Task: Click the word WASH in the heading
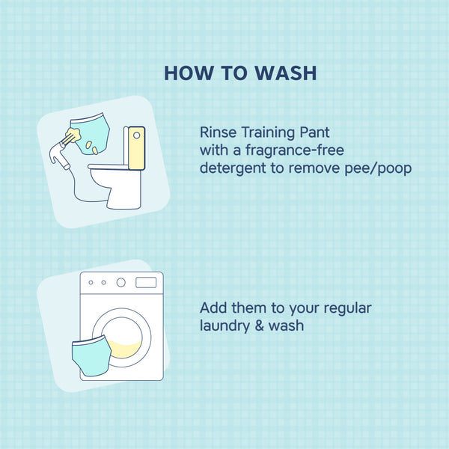[x=286, y=73]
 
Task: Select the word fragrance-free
[x=295, y=150]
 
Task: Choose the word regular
[x=347, y=308]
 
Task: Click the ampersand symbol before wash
[x=259, y=326]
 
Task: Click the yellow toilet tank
[x=136, y=148]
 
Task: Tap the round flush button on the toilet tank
[x=137, y=135]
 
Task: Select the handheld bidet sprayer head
[x=58, y=152]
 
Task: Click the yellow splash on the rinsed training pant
[x=73, y=135]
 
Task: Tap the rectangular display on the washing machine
[x=146, y=283]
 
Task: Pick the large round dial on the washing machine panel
[x=120, y=282]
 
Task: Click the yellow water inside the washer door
[x=126, y=350]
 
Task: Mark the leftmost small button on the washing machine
[x=91, y=283]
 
